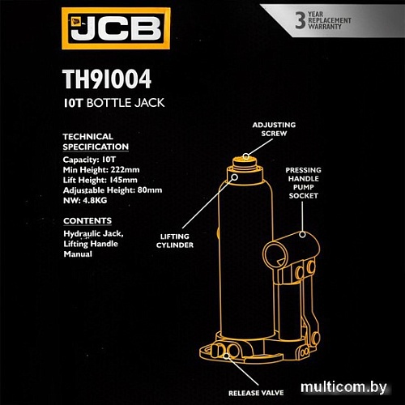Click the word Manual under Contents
[78, 254]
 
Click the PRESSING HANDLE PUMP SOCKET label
[303, 183]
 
